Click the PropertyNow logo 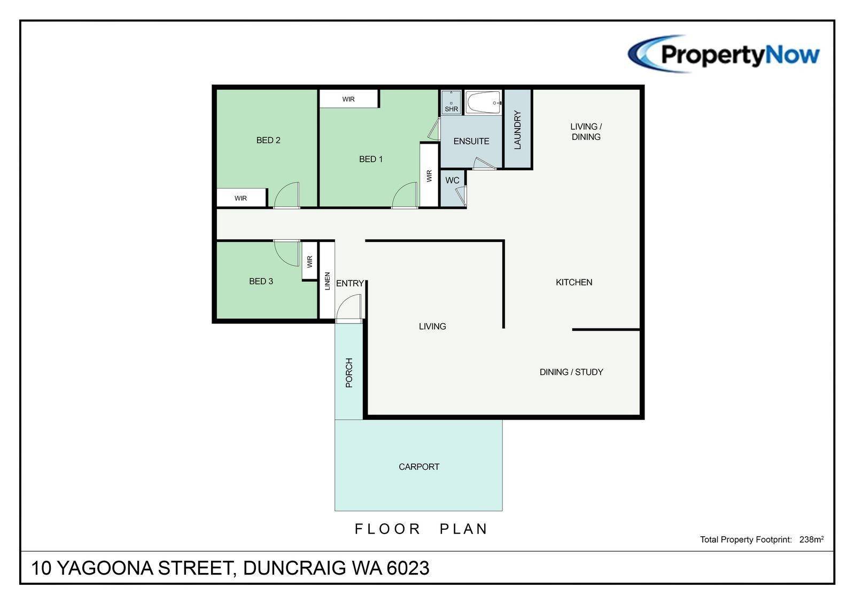(x=724, y=54)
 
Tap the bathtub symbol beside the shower (x=483, y=102)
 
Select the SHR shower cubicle (x=451, y=102)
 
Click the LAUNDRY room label (x=518, y=130)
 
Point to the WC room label (x=452, y=180)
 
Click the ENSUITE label (x=471, y=141)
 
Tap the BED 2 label (x=268, y=140)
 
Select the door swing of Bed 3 (x=286, y=253)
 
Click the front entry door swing (x=348, y=308)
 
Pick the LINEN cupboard (x=327, y=280)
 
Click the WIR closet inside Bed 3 (x=309, y=261)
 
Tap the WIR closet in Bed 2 (x=241, y=198)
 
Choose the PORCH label (x=349, y=373)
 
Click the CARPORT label (x=419, y=467)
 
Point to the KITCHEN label (x=574, y=283)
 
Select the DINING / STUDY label (x=571, y=372)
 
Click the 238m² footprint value (x=812, y=539)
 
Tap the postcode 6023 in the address (x=408, y=568)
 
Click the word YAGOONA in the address (x=105, y=568)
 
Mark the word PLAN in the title (x=464, y=529)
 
